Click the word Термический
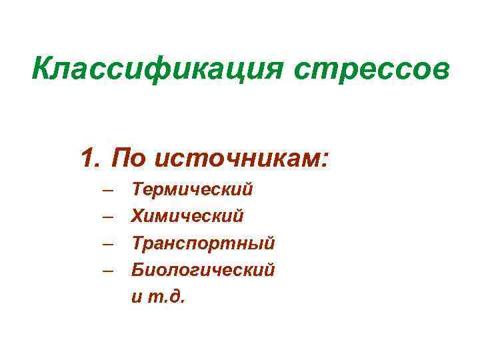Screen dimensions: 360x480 (193, 189)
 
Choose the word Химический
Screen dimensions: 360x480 (187, 216)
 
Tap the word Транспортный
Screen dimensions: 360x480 (203, 243)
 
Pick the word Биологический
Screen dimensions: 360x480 (203, 270)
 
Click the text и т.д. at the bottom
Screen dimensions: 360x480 (161, 297)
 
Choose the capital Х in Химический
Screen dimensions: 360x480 (139, 216)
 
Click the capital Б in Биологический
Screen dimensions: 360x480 (139, 269)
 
